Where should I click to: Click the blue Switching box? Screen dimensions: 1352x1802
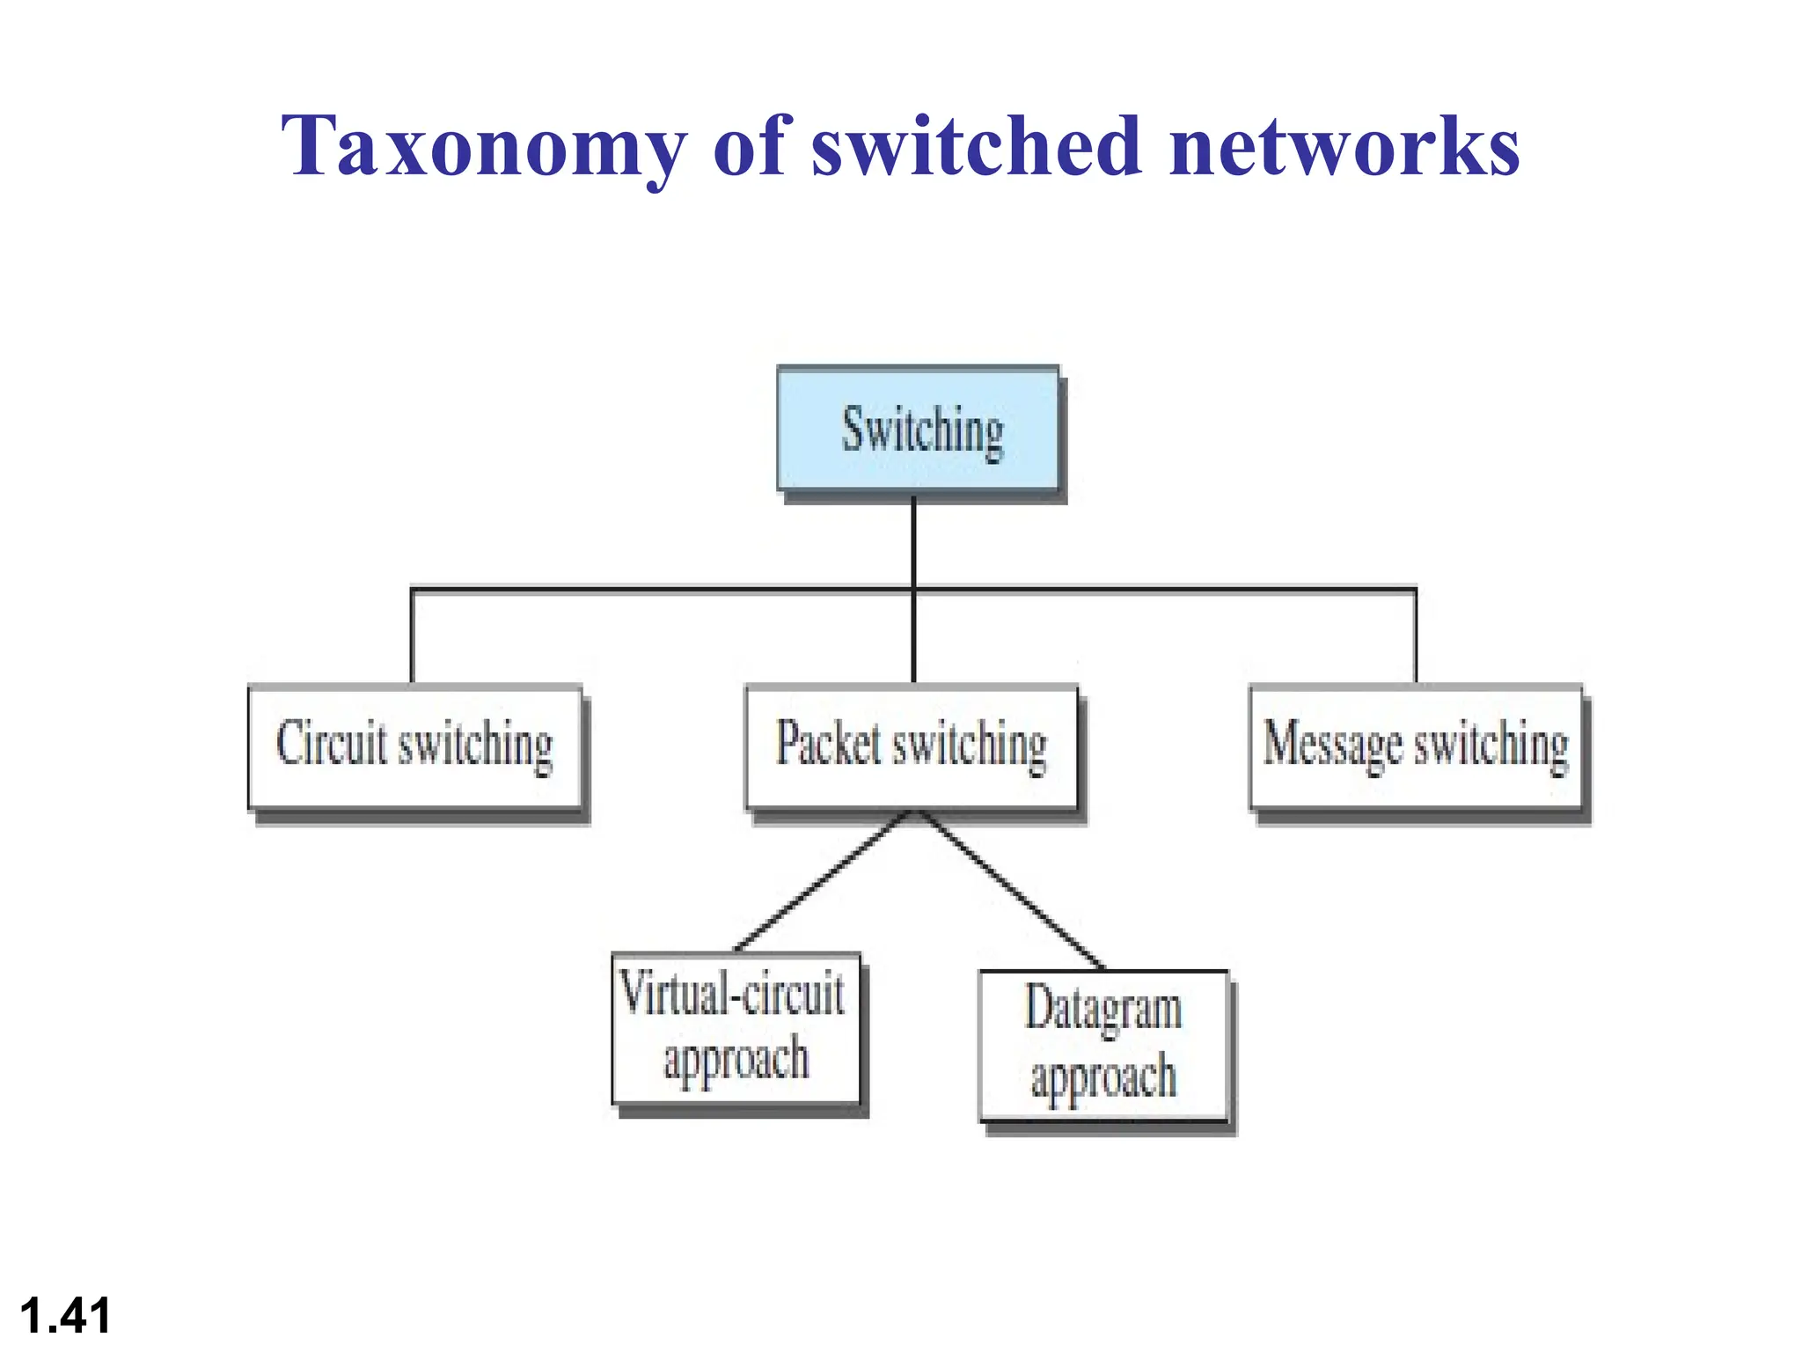(918, 429)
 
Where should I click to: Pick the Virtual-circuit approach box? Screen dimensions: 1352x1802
(736, 1027)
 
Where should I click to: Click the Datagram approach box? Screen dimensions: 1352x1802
(1102, 1045)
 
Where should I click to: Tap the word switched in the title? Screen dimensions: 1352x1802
(977, 147)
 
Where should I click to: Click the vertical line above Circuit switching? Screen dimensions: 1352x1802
(412, 636)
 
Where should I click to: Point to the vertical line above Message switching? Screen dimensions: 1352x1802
(1416, 636)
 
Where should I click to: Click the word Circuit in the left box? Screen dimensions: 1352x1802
(332, 744)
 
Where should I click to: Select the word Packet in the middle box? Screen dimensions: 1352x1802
(828, 744)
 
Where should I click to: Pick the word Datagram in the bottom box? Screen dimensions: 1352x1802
(1102, 1010)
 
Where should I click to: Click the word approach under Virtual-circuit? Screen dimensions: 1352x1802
(736, 1059)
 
